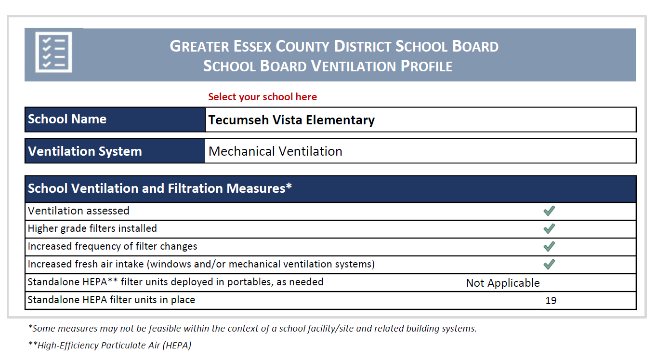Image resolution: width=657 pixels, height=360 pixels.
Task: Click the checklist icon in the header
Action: [53, 52]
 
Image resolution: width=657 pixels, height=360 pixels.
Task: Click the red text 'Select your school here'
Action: [263, 97]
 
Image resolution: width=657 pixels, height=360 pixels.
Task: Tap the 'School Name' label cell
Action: [67, 119]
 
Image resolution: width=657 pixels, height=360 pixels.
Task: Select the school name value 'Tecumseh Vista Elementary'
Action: [291, 120]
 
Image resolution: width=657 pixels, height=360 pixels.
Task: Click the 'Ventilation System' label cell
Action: [85, 151]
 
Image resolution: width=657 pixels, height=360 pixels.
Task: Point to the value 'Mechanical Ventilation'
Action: [275, 151]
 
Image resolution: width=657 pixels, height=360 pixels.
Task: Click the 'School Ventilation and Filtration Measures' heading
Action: [160, 188]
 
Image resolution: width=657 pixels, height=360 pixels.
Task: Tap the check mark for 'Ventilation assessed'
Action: [549, 211]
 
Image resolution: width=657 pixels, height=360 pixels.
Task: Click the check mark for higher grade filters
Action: [549, 228]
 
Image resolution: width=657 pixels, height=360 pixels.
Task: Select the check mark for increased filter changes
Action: [549, 246]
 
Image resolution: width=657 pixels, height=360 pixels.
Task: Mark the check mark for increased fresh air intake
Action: [549, 264]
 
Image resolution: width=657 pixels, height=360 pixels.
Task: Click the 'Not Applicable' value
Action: [503, 283]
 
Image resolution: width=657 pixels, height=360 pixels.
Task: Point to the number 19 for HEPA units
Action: [551, 301]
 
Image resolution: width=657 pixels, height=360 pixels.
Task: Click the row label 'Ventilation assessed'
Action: [79, 211]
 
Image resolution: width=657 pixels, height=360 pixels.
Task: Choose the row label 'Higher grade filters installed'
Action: [92, 228]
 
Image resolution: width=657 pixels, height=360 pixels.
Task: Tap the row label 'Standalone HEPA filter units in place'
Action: [111, 300]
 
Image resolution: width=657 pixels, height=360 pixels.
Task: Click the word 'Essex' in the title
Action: [253, 47]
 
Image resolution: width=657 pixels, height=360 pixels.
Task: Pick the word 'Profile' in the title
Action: [426, 66]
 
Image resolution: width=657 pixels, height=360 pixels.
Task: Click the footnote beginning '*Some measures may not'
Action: [252, 329]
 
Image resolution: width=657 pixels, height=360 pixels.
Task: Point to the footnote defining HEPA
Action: [110, 345]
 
